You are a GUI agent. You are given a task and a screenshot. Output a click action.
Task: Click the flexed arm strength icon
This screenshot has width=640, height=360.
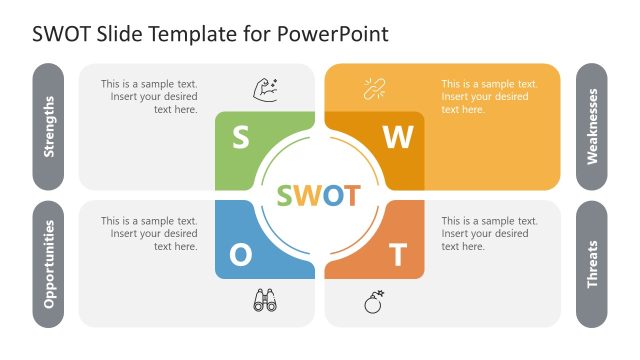click(264, 89)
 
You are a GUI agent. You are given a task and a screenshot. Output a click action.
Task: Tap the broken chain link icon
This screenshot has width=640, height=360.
click(374, 89)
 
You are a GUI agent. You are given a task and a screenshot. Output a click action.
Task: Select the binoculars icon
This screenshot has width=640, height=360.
click(264, 300)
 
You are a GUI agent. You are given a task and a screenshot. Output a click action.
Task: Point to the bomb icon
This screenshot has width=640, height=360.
click(374, 301)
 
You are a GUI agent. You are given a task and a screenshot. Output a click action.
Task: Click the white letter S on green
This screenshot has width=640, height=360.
click(240, 137)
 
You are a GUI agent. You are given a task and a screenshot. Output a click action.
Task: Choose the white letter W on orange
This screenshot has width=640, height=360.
click(398, 138)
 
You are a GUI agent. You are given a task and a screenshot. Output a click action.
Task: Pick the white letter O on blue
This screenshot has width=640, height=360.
click(241, 255)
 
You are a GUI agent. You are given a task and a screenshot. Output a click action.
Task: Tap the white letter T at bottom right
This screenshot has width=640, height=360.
click(398, 256)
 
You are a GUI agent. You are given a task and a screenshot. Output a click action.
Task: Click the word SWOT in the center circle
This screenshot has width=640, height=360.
click(319, 195)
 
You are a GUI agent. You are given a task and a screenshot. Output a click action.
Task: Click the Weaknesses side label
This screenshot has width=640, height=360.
click(592, 127)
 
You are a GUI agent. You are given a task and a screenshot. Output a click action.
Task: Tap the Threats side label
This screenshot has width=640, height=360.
click(592, 264)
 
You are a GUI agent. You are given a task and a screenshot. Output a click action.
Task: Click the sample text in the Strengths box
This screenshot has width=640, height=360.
click(149, 97)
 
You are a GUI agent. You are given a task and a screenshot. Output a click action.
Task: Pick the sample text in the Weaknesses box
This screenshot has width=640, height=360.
click(489, 97)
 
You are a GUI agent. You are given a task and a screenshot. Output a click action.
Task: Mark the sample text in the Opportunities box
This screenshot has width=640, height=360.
click(149, 233)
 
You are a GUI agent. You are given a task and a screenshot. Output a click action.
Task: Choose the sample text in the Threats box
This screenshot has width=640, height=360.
click(489, 233)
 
